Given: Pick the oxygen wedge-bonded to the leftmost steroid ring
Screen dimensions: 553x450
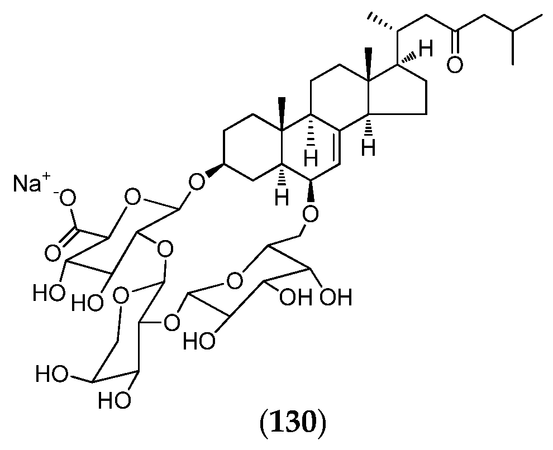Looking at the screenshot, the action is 196,180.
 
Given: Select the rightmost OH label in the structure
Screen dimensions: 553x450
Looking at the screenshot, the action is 336,297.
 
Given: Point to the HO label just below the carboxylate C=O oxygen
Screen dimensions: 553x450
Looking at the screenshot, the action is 48,291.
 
